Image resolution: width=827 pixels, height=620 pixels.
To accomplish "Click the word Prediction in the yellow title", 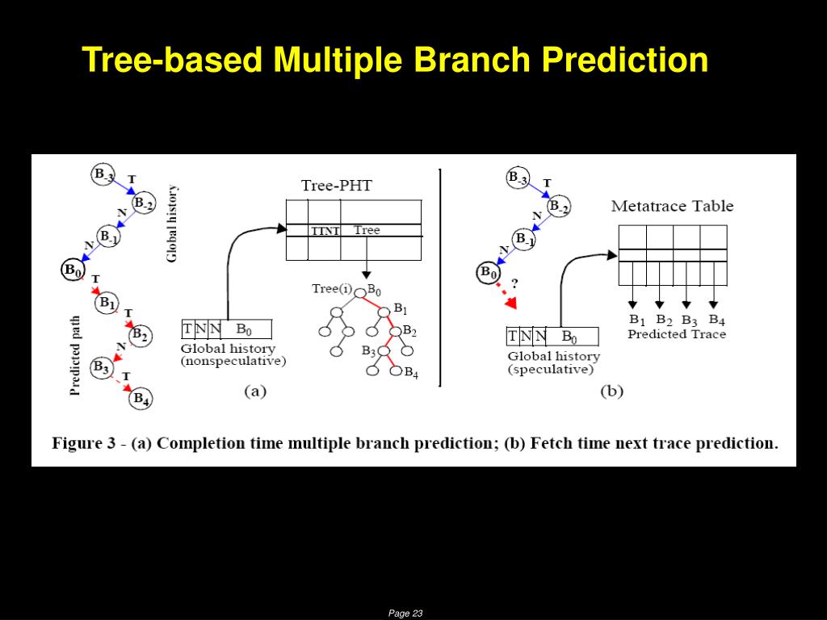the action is pos(625,60).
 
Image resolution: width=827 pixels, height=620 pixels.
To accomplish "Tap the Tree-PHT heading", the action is pos(337,186).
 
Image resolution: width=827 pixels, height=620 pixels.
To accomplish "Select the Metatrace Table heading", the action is pos(672,206).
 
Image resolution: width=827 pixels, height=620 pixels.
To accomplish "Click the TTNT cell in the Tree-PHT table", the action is pos(325,231).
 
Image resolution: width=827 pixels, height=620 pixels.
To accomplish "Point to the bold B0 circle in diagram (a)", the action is pos(73,270).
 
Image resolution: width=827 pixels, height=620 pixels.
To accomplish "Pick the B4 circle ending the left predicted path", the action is pos(141,398).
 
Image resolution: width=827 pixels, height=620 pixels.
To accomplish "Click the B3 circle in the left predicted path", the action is pos(101,368).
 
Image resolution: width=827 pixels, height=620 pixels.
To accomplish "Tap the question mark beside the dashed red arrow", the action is pos(514,283).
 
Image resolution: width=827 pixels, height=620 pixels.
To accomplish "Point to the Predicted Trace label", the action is pos(677,334).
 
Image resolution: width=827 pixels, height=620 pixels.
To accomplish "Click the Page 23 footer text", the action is pos(405,614).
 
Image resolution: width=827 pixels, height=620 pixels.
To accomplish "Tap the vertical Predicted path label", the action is pos(75,355).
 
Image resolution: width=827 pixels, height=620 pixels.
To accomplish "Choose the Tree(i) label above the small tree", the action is pos(331,289).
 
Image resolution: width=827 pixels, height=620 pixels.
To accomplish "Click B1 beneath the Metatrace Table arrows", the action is pos(637,320).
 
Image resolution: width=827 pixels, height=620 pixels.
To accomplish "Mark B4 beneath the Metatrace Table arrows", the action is pos(716,320).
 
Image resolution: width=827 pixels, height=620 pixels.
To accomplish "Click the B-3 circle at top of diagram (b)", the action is pos(517,178).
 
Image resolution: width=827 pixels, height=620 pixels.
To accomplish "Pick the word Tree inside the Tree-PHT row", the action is pos(367,230).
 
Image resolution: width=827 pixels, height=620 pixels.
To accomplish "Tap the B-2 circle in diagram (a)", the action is pos(144,203).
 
